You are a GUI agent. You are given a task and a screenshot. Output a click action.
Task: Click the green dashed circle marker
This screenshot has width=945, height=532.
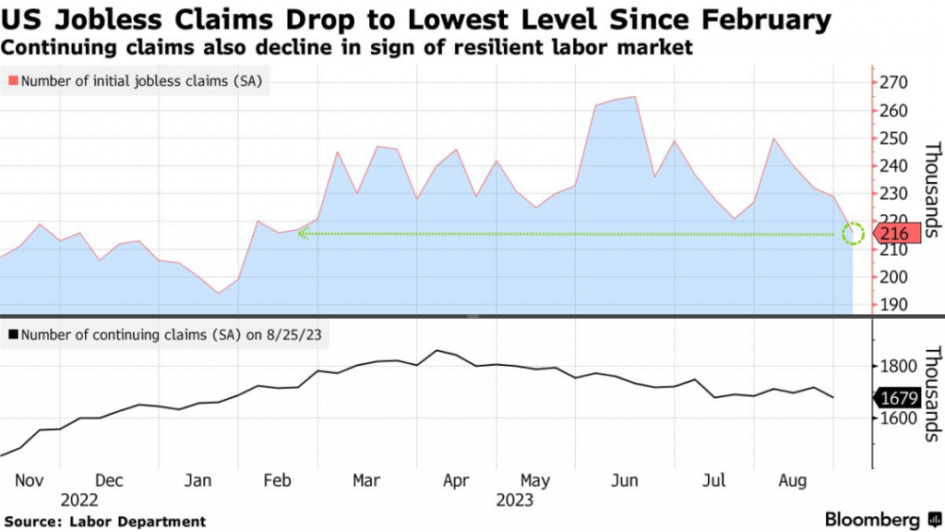(x=854, y=234)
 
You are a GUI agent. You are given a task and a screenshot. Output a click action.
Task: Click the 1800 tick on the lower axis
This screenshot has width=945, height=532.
(x=900, y=367)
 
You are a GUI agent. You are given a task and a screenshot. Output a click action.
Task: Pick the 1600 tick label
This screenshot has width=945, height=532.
(x=900, y=418)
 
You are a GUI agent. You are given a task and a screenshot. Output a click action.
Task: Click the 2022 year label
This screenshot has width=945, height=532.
(x=79, y=501)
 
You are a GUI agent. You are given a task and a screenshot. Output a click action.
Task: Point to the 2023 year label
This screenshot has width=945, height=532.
(x=516, y=501)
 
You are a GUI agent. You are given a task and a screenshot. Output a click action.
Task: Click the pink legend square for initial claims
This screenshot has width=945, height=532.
(x=13, y=81)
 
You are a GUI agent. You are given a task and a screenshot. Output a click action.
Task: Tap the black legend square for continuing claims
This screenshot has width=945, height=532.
(x=13, y=334)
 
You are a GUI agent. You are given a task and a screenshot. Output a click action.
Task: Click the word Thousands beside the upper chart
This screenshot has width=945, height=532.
(x=931, y=190)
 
